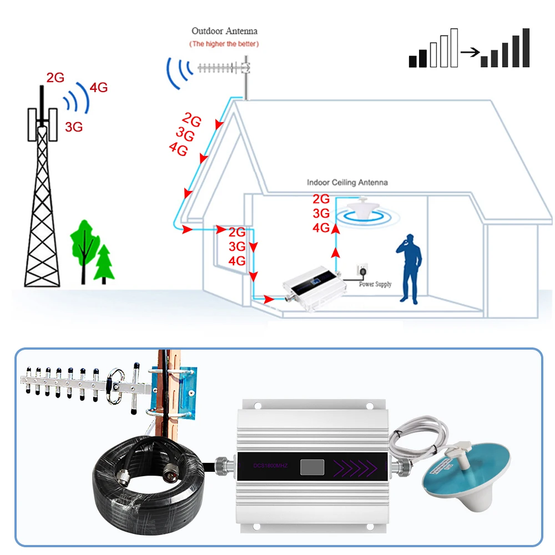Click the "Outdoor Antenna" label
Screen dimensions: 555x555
(224, 31)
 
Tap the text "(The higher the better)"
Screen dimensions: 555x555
(224, 43)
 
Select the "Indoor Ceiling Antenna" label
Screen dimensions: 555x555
(347, 182)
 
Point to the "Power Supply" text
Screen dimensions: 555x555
(375, 284)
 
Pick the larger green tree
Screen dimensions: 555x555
(83, 244)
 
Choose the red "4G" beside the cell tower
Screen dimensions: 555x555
(98, 87)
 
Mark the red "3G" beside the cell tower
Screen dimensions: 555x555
(74, 127)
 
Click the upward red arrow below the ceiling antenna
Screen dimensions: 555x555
(335, 253)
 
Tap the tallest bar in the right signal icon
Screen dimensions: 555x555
(526, 48)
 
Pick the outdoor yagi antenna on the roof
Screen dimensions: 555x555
(222, 69)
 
